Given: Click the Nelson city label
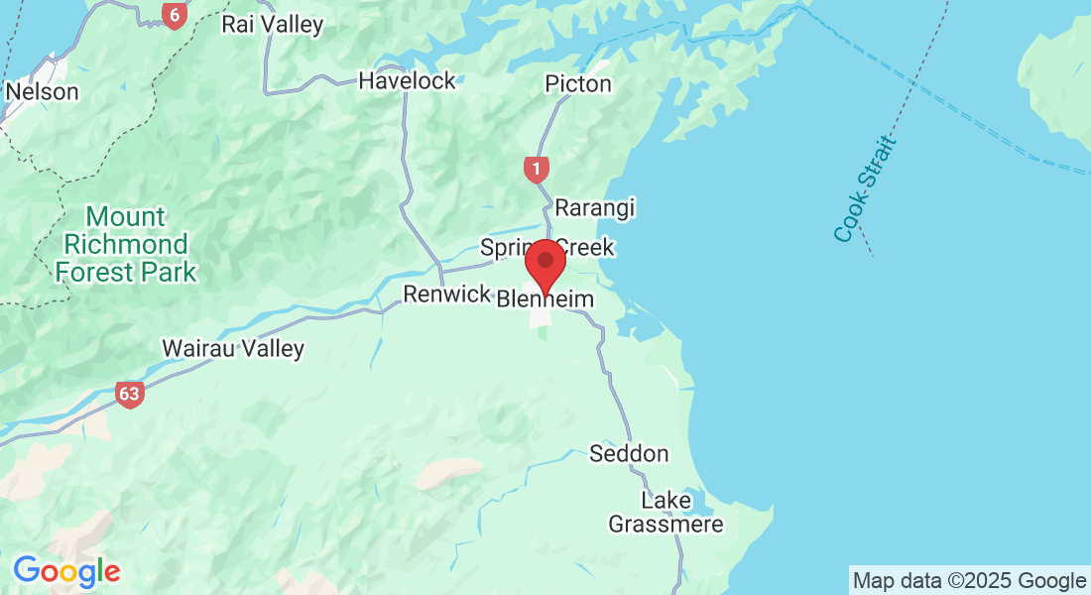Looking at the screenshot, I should [42, 91].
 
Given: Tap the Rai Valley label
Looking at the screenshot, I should [272, 24].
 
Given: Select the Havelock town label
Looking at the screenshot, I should [407, 80].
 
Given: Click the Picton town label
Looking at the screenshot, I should [578, 83].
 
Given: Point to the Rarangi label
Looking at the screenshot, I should [594, 208].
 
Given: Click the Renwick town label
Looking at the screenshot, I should [446, 294].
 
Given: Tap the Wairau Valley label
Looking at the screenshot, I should [233, 348].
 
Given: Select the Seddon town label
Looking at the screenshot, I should [629, 453].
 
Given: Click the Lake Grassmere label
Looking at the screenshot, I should [666, 512].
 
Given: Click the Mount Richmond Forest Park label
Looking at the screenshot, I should [125, 244].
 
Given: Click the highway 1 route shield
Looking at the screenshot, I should [536, 170].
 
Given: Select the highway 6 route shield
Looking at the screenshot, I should [175, 15].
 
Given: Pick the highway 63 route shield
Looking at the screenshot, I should [129, 393].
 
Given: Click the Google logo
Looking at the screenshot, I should [66, 571].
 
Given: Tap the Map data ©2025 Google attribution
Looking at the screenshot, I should [969, 580].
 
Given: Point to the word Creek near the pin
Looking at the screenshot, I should [586, 247].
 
